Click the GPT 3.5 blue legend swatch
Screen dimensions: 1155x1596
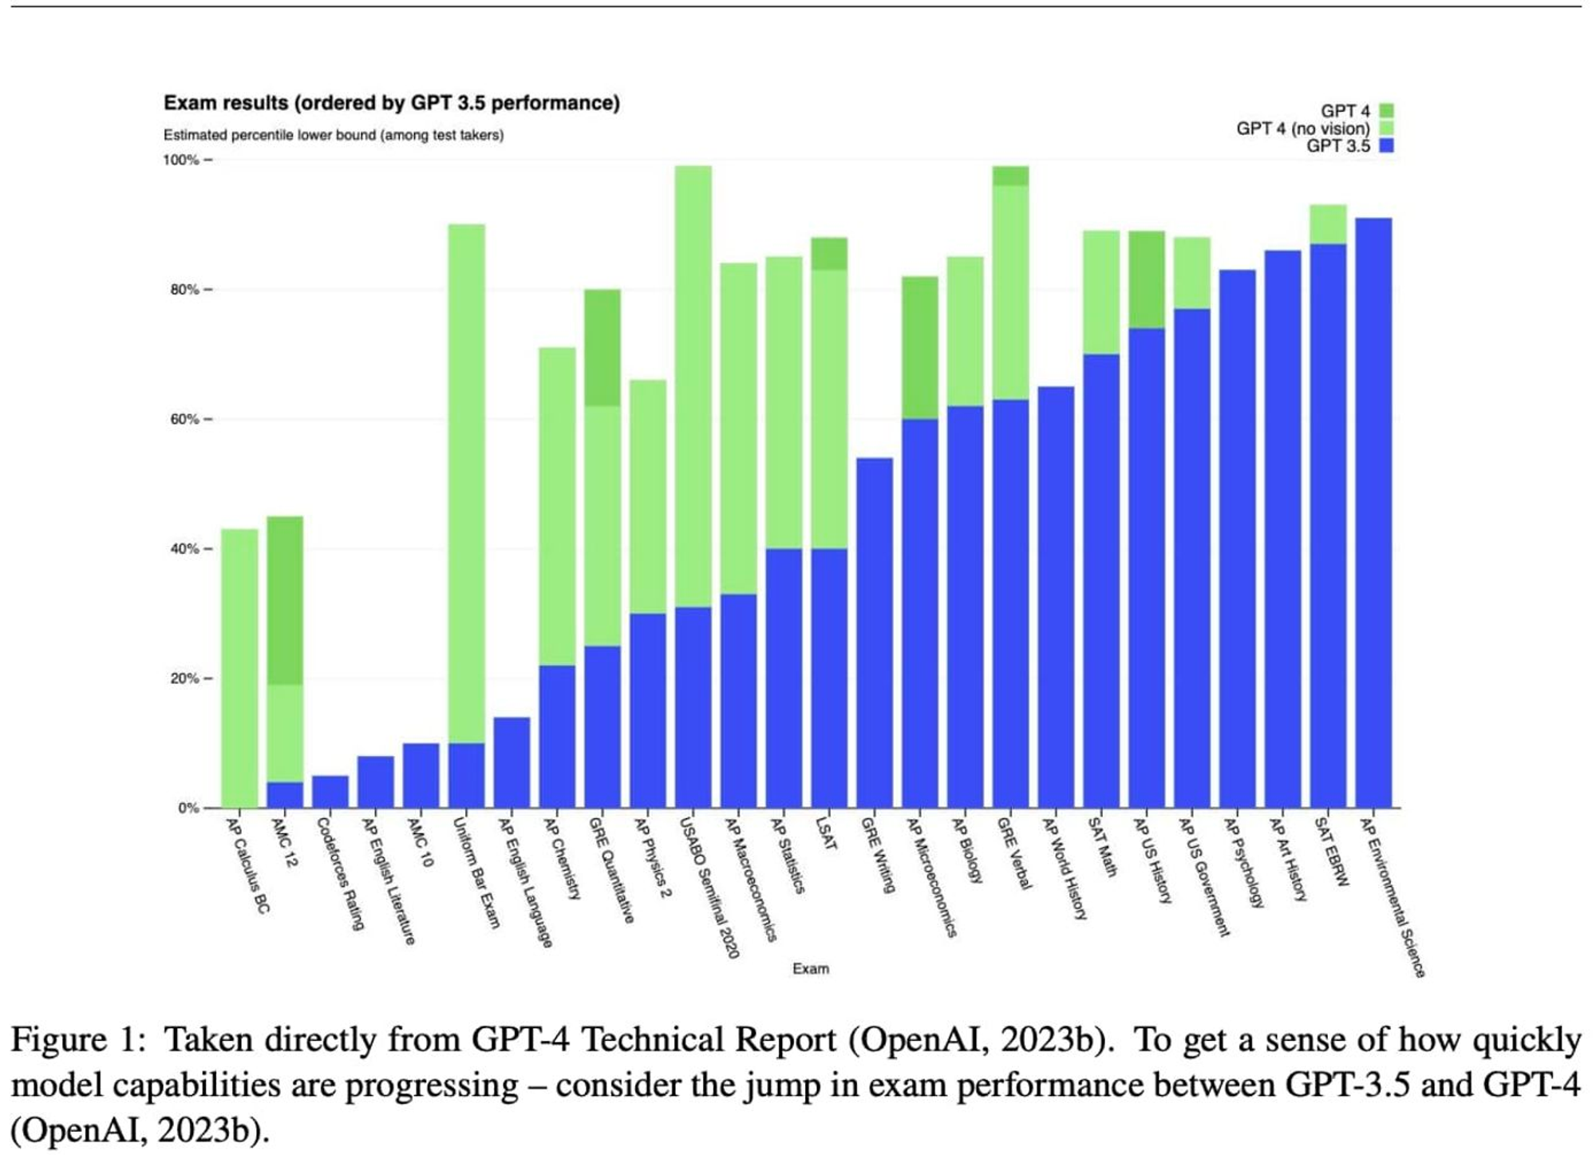[1386, 146]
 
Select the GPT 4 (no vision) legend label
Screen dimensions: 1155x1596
[1302, 129]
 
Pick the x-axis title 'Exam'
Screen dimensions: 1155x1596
[810, 968]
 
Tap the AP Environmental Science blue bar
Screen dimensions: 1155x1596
[1373, 511]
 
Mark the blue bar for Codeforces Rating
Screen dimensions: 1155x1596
[330, 791]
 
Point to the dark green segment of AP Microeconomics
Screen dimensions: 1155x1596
[919, 347]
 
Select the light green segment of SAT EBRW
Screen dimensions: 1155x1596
[1328, 224]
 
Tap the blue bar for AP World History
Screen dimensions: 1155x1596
[1056, 597]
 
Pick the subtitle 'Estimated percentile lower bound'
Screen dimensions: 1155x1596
[334, 135]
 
